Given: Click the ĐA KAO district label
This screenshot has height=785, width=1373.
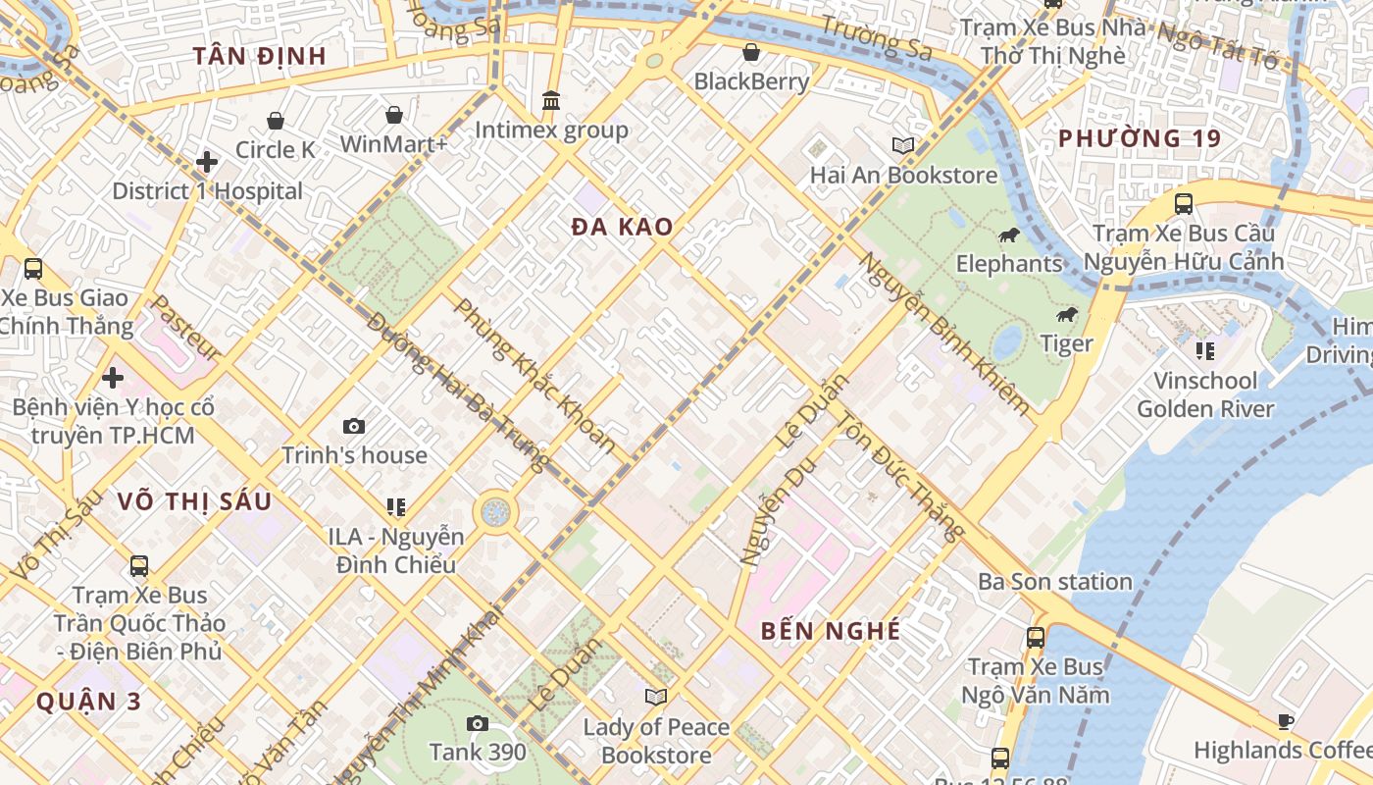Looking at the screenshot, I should click(x=623, y=228).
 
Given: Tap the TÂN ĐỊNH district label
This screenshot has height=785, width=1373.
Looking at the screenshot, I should click(x=259, y=56).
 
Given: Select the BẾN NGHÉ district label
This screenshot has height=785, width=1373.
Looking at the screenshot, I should click(x=831, y=631).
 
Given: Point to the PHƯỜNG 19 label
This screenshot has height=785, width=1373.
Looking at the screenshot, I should click(x=1140, y=138).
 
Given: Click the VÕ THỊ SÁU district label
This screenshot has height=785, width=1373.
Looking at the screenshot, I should click(x=194, y=501).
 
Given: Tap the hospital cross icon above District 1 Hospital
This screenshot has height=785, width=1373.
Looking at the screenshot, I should click(x=207, y=162).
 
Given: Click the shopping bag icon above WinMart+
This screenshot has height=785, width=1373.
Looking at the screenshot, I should click(x=393, y=116).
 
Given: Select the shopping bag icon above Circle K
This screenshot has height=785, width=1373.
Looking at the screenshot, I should click(x=276, y=121).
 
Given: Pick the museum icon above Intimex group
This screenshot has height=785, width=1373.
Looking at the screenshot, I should click(x=551, y=101).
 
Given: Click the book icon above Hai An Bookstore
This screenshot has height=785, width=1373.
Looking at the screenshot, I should click(x=903, y=146).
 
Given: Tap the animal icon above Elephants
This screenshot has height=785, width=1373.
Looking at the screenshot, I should click(x=1008, y=235).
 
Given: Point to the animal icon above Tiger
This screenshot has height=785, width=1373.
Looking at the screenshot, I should click(x=1066, y=315).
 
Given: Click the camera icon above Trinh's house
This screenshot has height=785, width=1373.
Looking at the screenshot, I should click(x=354, y=426).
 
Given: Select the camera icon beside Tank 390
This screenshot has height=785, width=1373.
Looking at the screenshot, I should click(x=478, y=724).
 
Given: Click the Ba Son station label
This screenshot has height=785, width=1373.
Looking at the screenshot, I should click(x=1055, y=582).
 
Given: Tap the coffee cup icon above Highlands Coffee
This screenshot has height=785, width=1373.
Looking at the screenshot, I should click(x=1285, y=722).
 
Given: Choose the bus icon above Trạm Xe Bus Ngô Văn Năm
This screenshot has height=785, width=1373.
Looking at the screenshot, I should click(x=1035, y=638).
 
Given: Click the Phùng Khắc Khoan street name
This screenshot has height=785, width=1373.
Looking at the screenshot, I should click(x=535, y=376).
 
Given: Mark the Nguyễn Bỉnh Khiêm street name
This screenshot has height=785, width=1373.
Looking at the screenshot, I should click(x=944, y=333).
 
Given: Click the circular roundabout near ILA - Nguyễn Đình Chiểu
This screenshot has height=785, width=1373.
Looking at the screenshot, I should click(x=495, y=511).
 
